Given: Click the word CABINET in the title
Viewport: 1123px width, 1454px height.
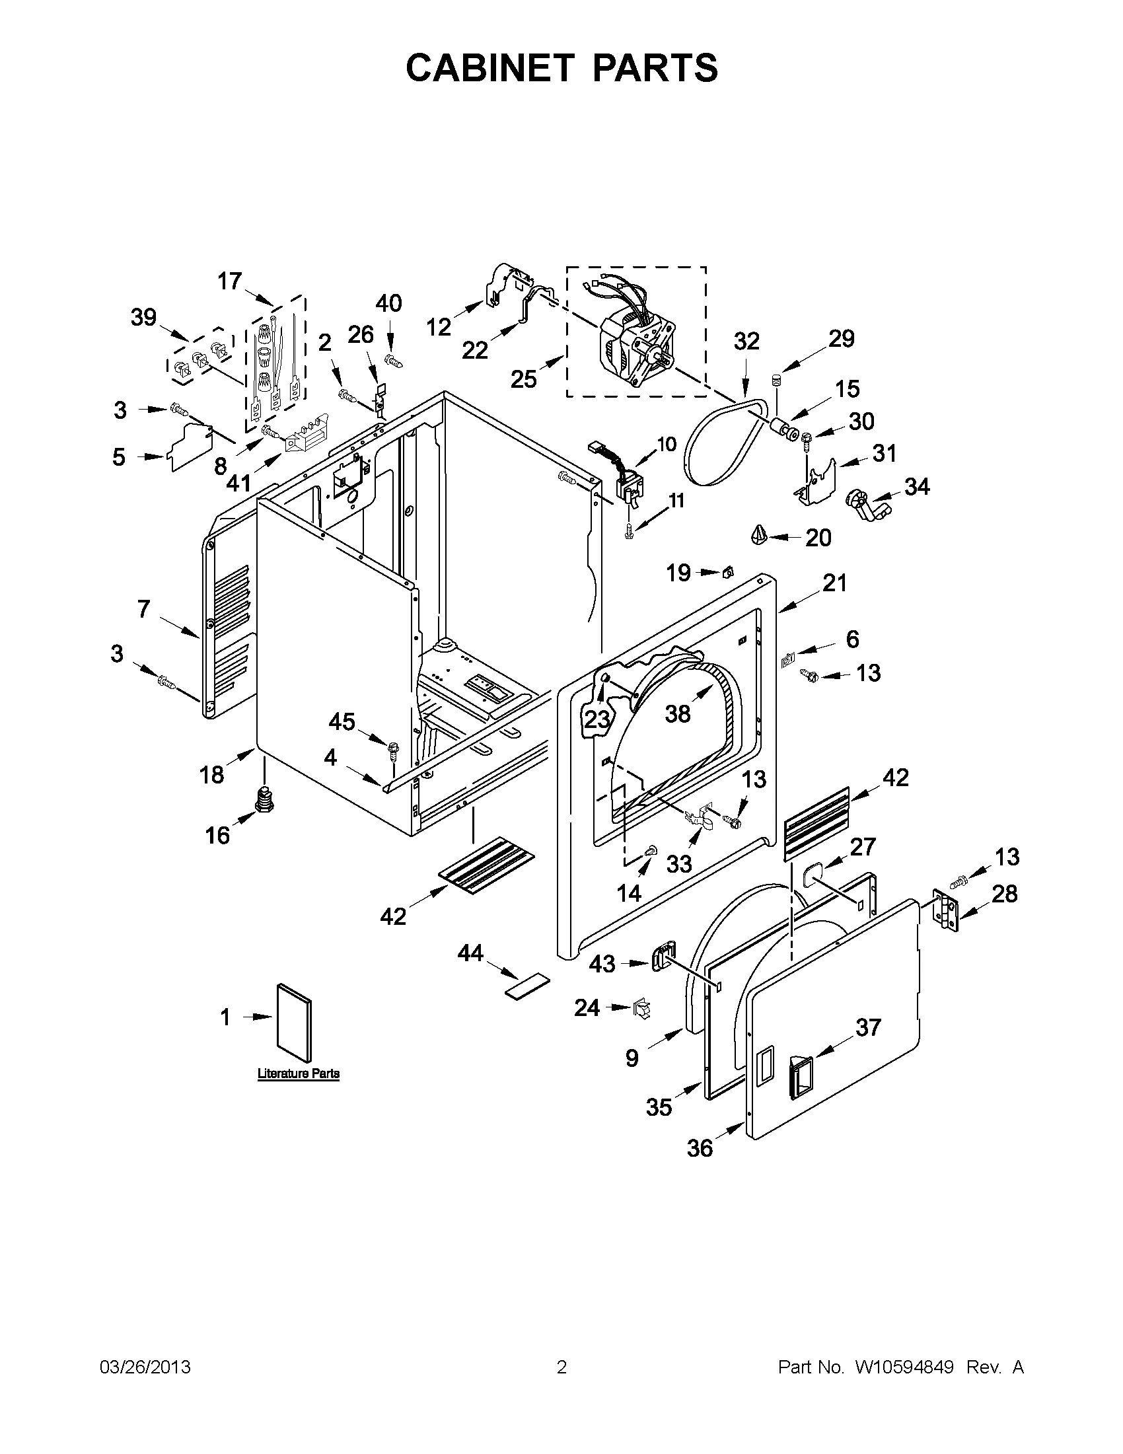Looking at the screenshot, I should [489, 68].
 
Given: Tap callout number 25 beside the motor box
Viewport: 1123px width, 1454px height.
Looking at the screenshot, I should [524, 379].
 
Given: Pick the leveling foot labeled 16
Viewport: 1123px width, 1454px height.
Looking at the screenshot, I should [266, 797].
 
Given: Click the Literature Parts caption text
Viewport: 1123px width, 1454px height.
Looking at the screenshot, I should [298, 1073].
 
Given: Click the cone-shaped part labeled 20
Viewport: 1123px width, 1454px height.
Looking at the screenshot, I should [760, 534].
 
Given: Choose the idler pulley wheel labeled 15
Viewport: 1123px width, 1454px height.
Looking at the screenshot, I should [784, 429].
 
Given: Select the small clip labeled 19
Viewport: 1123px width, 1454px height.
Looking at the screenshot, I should [727, 571].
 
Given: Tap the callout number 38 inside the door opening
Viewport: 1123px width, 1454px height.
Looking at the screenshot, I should [678, 714].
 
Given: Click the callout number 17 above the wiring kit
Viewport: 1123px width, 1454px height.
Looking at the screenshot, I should [230, 281].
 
